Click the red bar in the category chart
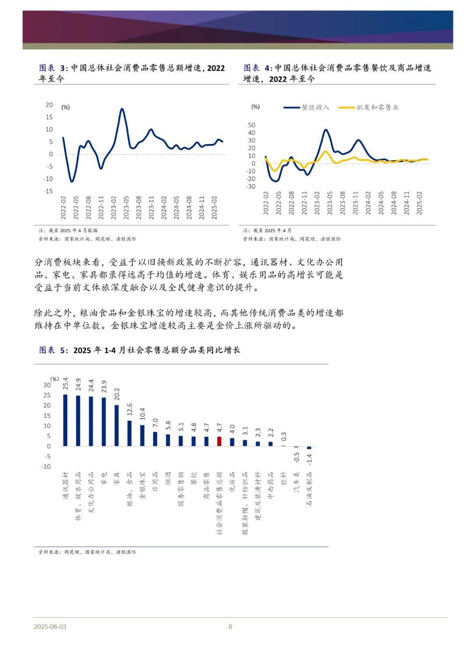[219, 441]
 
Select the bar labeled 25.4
[65, 420]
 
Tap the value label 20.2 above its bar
[117, 394]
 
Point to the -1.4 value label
[309, 459]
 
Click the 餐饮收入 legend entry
[307, 107]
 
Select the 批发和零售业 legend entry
[369, 107]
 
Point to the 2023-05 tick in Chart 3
[126, 207]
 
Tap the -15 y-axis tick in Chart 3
[48, 191]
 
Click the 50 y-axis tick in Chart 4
[252, 125]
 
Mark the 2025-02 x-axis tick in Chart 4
[419, 203]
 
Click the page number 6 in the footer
[230, 626]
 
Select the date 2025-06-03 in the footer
[50, 626]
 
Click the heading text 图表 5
[52, 350]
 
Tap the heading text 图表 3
[52, 68]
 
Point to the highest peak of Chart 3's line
[122, 109]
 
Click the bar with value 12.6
[130, 434]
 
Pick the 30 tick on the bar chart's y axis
[47, 385]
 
